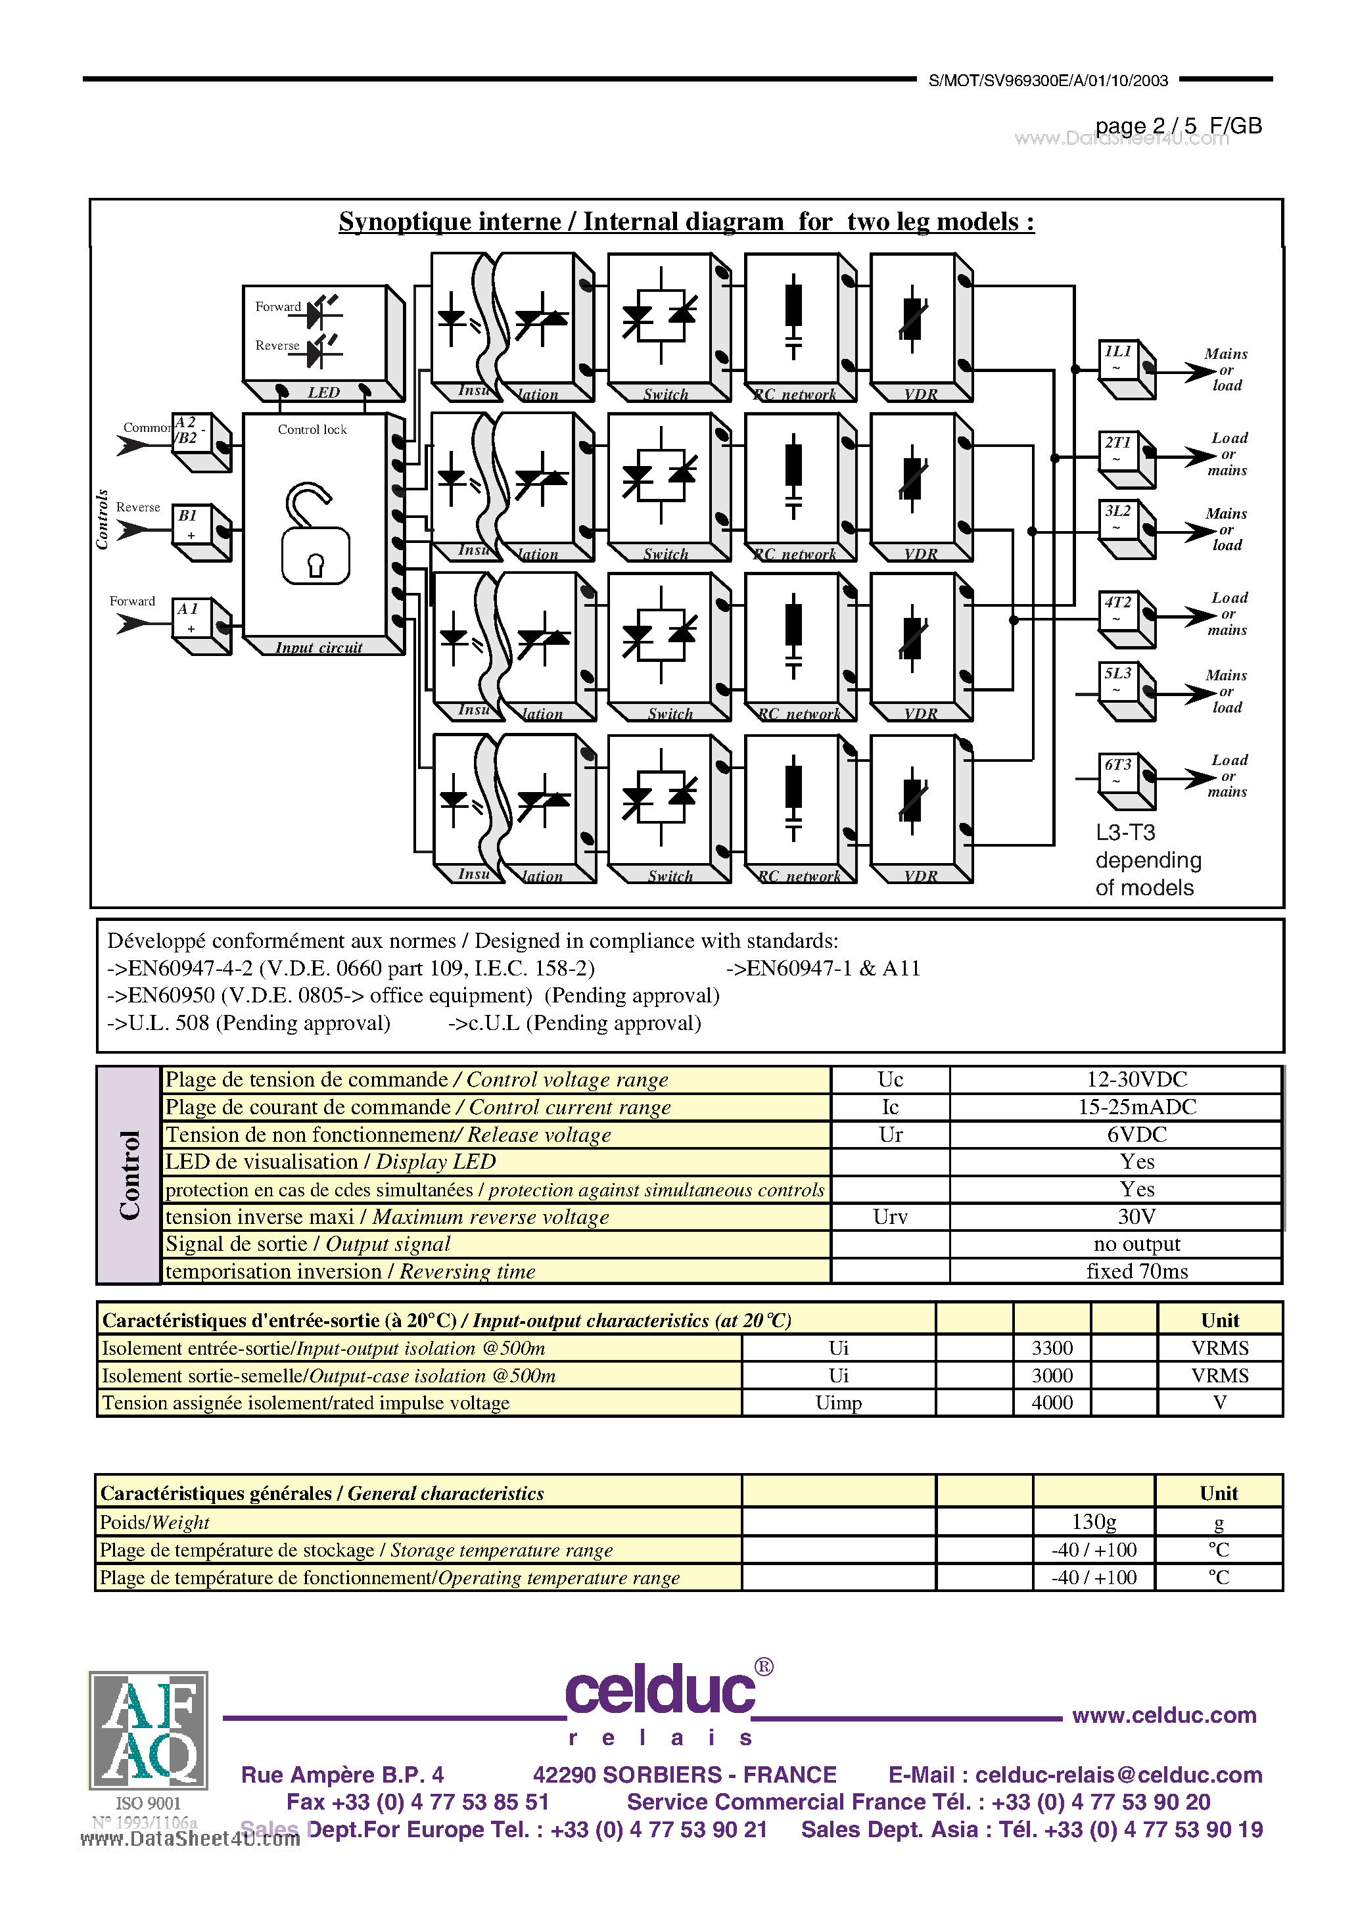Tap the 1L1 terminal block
click(x=1125, y=368)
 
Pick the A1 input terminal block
click(x=199, y=624)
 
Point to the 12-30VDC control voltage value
click(x=1136, y=1079)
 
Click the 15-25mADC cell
click(x=1136, y=1107)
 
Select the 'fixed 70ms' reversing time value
click(x=1136, y=1271)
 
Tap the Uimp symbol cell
click(x=838, y=1402)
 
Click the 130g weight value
click(x=1093, y=1521)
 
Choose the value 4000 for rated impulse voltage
click(x=1052, y=1402)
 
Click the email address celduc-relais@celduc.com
click(x=1119, y=1774)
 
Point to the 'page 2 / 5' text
click(x=1144, y=126)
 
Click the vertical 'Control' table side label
click(x=129, y=1175)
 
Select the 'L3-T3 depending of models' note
click(x=1147, y=860)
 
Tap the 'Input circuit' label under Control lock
click(x=319, y=647)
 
